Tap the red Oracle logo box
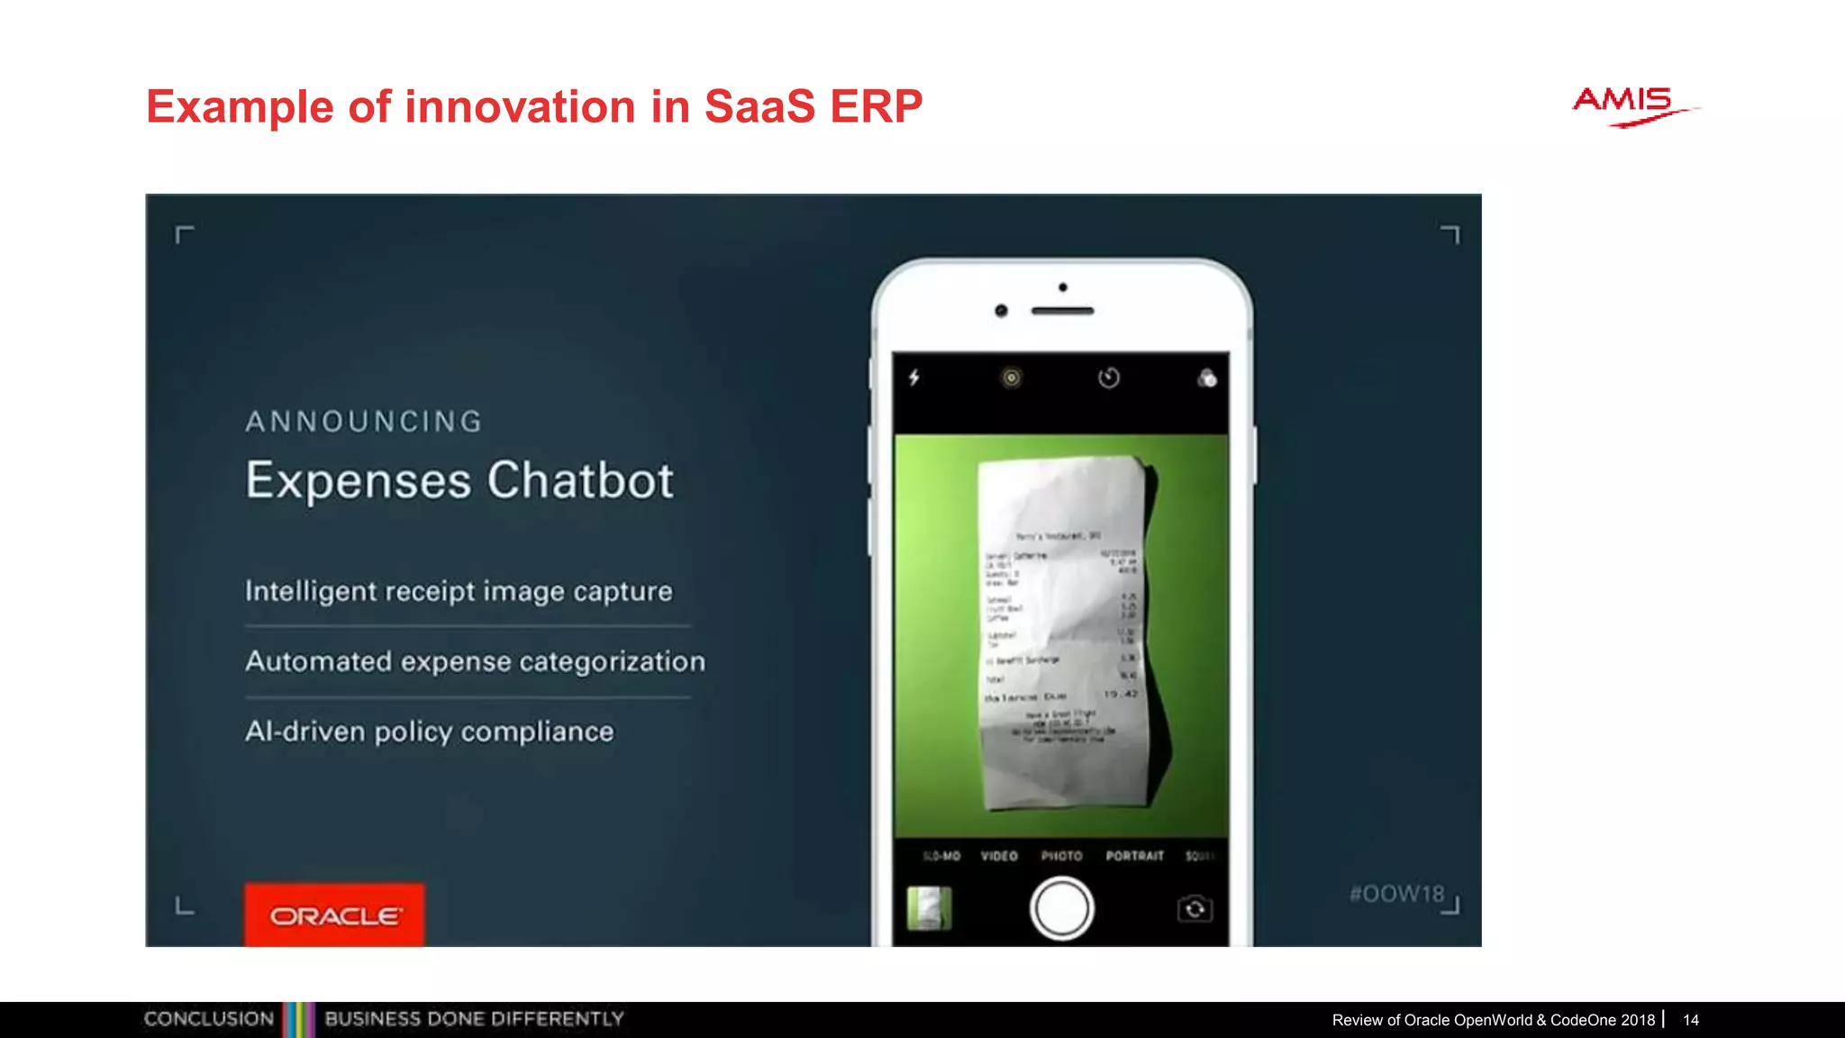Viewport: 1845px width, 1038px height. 334,915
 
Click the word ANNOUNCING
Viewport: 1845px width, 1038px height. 365,422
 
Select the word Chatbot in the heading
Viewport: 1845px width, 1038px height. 580,480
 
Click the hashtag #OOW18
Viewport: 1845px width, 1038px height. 1396,894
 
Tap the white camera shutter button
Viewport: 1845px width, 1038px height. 1061,908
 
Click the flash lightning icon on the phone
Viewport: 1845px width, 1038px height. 914,378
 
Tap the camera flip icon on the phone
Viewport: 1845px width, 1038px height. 1195,909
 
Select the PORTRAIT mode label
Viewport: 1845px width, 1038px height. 1134,856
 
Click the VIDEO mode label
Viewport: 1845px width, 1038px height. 999,856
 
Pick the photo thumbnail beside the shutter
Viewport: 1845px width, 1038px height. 929,908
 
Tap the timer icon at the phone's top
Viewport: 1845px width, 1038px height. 1109,378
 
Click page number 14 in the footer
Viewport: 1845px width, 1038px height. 1691,1020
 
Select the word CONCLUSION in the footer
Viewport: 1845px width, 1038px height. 209,1019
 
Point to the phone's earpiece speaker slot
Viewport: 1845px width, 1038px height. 1062,311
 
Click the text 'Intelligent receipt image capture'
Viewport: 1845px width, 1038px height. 459,591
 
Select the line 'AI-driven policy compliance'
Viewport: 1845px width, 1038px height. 429,732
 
